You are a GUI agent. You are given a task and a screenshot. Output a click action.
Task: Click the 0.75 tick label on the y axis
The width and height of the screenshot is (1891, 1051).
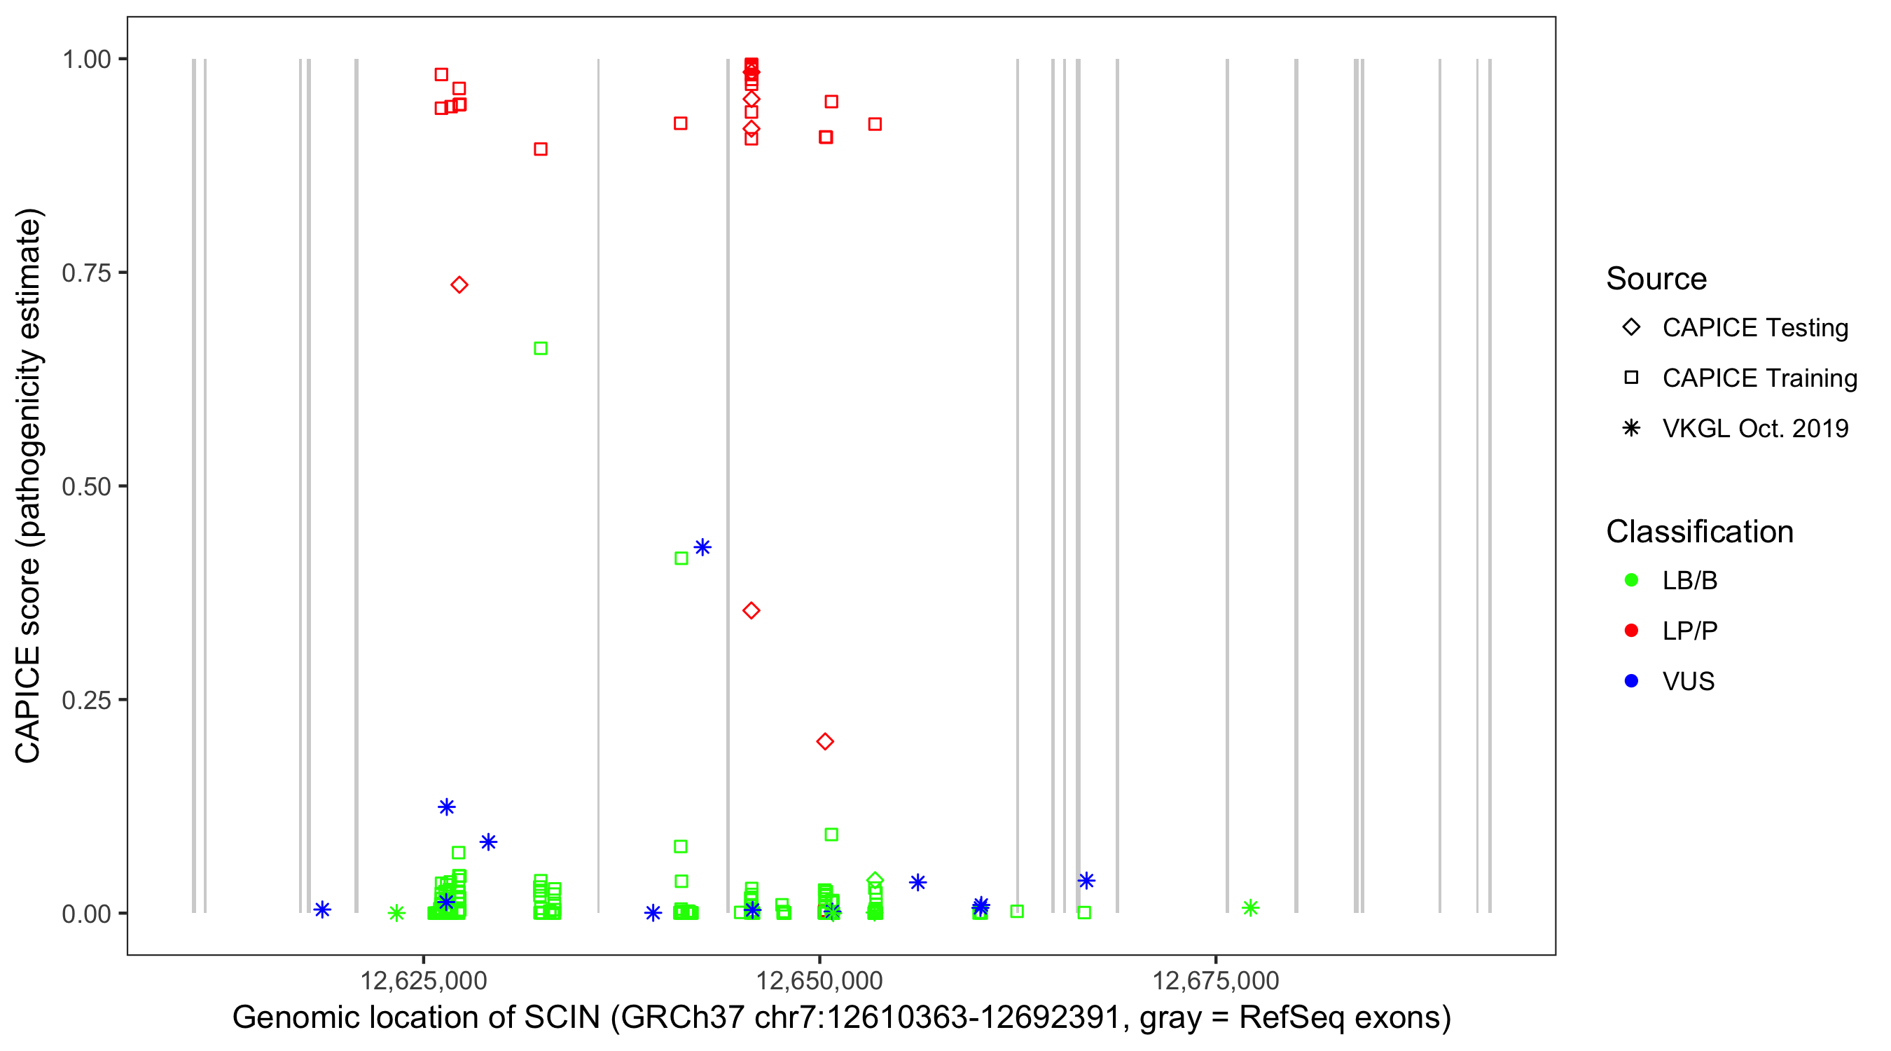86,273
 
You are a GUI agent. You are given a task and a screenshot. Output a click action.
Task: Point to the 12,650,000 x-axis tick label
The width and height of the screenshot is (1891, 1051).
819,980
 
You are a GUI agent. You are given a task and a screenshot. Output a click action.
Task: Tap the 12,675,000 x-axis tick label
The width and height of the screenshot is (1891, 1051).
1216,980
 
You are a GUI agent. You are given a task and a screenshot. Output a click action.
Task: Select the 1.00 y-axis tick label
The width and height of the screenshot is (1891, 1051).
86,60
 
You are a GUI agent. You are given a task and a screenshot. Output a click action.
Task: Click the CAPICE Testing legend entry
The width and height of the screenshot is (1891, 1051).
1755,328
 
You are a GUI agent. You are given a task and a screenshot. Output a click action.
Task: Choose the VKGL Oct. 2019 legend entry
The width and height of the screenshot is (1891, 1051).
1755,428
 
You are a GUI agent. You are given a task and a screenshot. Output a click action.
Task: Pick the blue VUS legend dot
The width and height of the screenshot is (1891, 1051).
1632,681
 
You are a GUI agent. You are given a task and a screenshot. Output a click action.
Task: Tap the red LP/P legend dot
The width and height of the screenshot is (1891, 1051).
1632,631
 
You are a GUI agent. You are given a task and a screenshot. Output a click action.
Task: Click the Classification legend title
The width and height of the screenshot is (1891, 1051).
1699,532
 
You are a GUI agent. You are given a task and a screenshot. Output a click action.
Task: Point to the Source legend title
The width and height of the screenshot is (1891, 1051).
1656,279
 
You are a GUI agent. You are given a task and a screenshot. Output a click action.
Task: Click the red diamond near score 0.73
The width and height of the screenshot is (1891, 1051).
459,285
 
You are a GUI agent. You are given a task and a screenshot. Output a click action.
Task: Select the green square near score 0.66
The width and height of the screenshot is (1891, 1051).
540,348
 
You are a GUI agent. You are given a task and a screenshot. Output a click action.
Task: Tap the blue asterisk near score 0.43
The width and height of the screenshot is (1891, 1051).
702,547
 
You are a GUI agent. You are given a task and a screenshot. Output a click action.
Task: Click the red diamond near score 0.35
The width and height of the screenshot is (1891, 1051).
751,610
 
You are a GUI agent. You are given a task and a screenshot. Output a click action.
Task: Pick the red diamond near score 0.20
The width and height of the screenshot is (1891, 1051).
825,742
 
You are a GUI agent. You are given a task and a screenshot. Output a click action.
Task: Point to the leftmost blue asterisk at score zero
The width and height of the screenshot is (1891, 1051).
322,909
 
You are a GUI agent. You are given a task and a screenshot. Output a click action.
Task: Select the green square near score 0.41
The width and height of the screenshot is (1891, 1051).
681,558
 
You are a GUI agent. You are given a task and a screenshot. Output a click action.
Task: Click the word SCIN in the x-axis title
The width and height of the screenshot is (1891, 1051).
562,1018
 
